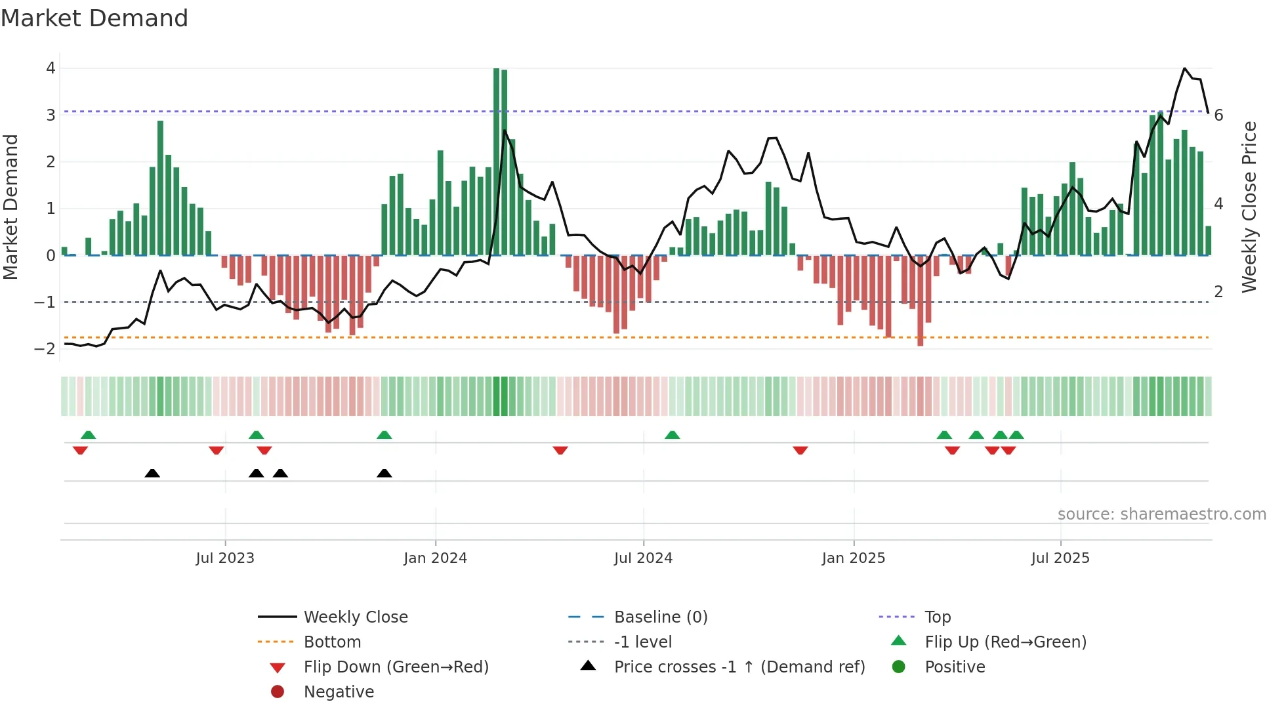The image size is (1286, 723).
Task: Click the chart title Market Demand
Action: point(94,18)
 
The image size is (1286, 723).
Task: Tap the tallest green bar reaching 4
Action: point(497,161)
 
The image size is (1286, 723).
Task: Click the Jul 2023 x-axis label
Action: point(225,558)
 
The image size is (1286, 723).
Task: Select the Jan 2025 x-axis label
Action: point(853,558)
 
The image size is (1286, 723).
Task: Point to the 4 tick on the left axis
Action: point(51,68)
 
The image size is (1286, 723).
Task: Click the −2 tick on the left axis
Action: point(45,349)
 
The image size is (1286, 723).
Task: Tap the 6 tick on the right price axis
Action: point(1218,115)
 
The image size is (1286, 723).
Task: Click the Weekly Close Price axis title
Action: point(1249,207)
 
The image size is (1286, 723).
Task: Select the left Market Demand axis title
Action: point(11,207)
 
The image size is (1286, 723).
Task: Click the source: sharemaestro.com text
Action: point(1161,514)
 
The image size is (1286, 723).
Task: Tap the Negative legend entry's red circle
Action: point(278,692)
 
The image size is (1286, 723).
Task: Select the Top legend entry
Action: point(938,617)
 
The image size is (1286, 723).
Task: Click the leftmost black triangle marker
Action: point(152,473)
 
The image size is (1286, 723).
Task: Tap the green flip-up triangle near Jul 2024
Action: point(672,435)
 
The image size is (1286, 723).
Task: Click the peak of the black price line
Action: point(1185,68)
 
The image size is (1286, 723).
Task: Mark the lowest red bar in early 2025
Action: point(920,302)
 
